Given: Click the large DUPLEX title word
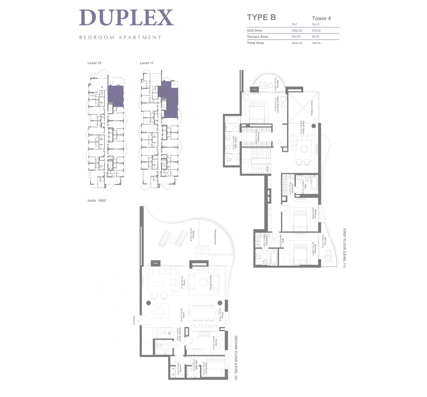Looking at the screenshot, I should [x=126, y=18].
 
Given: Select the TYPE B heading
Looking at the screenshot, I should [x=261, y=17].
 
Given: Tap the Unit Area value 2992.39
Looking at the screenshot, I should [x=297, y=31].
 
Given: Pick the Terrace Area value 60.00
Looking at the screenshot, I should [x=316, y=37].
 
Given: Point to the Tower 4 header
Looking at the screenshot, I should [x=322, y=18].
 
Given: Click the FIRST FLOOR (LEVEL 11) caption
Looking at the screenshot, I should [x=344, y=248].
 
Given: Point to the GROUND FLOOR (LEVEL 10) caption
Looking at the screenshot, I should [x=235, y=357].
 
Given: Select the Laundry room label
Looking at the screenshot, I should [x=181, y=369].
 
